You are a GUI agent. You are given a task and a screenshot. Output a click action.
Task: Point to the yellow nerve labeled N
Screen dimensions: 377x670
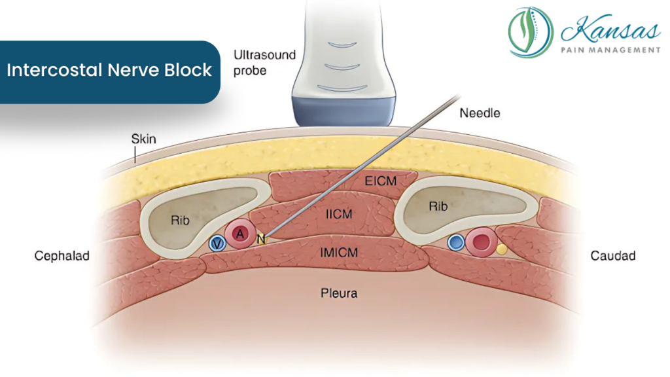pos(261,240)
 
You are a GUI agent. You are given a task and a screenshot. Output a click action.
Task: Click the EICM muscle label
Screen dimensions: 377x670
pos(381,180)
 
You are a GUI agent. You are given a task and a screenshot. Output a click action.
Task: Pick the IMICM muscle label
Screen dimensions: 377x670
pos(339,251)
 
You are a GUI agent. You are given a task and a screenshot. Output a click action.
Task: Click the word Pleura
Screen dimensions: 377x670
pos(339,293)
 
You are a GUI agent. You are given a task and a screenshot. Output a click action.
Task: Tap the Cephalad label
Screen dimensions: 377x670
pos(62,256)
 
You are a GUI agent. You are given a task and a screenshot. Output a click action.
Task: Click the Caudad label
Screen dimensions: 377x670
pos(612,256)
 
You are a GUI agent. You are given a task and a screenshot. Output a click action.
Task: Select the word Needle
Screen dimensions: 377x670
pos(479,113)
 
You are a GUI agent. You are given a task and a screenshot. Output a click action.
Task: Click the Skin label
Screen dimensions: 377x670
pos(143,139)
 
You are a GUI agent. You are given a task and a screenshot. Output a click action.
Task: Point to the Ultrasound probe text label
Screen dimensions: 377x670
pos(264,62)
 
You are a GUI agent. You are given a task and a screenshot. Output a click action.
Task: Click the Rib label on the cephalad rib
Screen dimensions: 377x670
pos(181,221)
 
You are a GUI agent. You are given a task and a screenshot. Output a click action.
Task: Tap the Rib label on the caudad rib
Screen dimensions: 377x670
pos(438,206)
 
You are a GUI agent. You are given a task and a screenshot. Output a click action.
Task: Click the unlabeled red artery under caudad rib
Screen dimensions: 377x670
pos(482,243)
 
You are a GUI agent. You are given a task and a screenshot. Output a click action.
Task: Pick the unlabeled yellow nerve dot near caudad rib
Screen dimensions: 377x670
pos(502,249)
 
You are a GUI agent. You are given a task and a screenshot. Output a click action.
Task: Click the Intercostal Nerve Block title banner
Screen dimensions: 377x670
pos(109,71)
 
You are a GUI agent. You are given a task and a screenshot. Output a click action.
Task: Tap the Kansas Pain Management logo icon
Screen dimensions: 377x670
pos(531,32)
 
